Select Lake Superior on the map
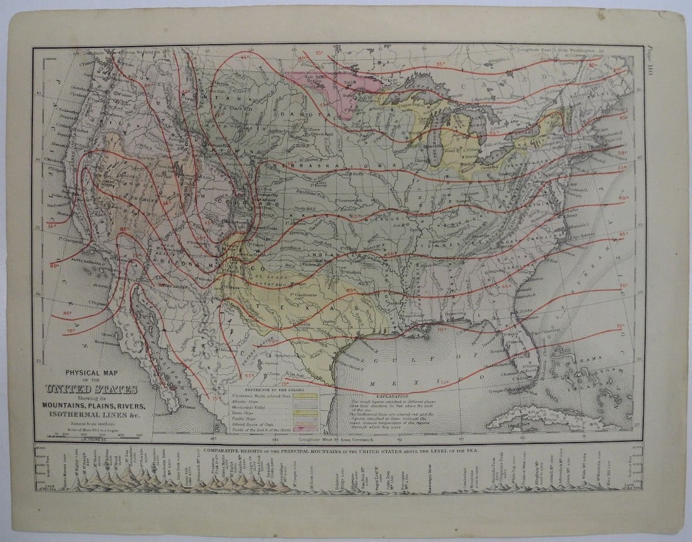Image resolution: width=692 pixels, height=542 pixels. [x=409, y=101]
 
